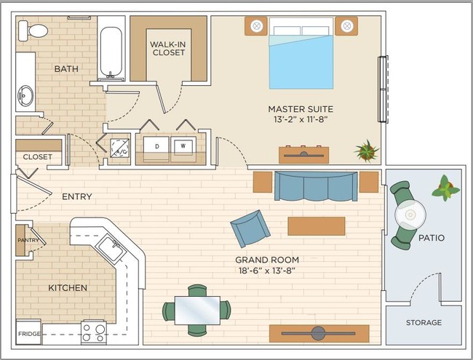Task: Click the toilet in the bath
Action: (x=33, y=31)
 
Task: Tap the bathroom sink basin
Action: (x=25, y=95)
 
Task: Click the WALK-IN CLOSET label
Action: (x=168, y=48)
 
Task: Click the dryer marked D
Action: (x=156, y=149)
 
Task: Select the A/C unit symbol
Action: (x=119, y=148)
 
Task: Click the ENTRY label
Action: (x=76, y=196)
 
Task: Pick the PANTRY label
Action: (x=28, y=240)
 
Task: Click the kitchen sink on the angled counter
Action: (x=111, y=249)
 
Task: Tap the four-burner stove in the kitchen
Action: (x=94, y=332)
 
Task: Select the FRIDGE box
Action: (x=28, y=332)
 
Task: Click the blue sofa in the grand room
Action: (x=316, y=186)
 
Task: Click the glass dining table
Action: (x=197, y=311)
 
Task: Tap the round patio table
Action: (x=410, y=215)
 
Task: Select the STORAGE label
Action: (x=424, y=323)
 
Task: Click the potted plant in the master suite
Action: (x=367, y=151)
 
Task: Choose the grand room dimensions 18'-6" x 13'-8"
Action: (x=266, y=271)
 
